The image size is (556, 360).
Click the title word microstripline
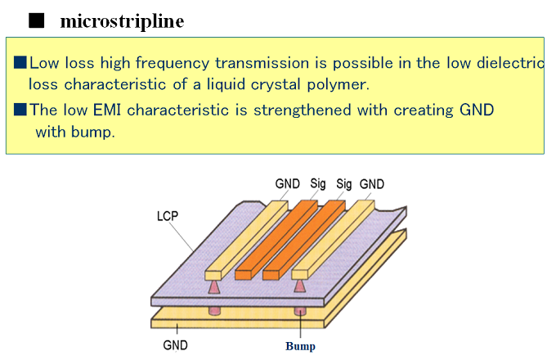pos(122,21)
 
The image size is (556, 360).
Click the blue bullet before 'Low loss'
pos(20,63)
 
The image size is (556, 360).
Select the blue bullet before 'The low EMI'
pos(20,110)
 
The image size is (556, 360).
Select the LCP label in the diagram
pos(167,218)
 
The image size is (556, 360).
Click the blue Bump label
pos(300,346)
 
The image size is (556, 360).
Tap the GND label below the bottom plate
pos(175,345)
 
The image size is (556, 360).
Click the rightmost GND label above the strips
pos(371,184)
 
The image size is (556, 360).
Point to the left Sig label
pos(318,184)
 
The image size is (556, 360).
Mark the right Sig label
pos(343,184)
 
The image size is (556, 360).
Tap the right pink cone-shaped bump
pos(299,285)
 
